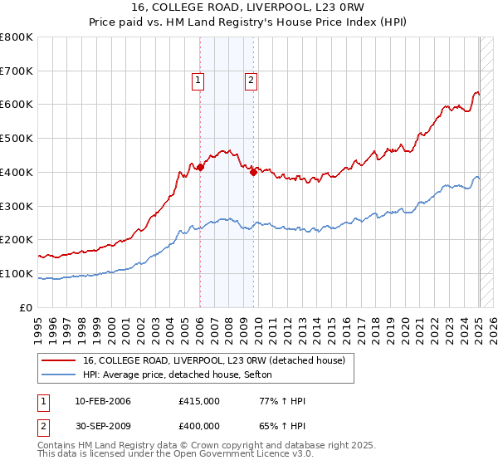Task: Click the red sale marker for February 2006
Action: tap(200, 167)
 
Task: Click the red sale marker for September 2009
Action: tap(253, 172)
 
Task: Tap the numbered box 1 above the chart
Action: tap(199, 81)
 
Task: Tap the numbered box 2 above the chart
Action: tap(251, 81)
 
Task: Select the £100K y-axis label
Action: tap(18, 273)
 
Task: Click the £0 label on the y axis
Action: tap(27, 307)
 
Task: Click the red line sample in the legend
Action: tap(59, 361)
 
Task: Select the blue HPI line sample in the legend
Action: tap(59, 375)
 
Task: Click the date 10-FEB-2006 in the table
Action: tap(102, 401)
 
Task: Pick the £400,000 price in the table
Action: tap(198, 427)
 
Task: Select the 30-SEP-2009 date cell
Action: tap(102, 427)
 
